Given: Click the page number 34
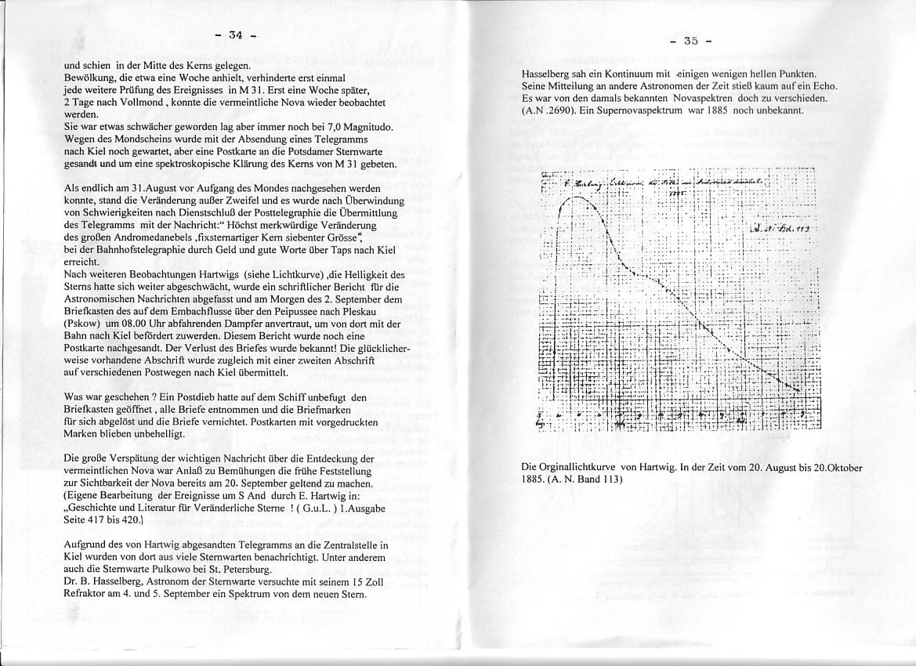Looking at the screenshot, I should click(x=236, y=35).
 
